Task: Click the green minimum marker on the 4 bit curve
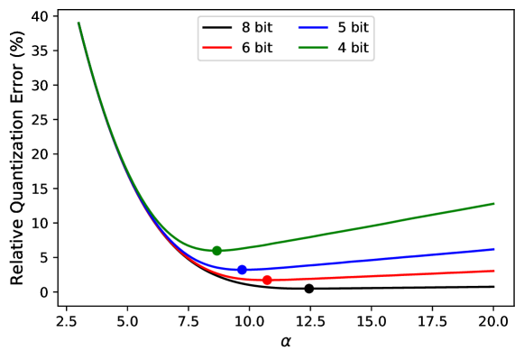(x=216, y=251)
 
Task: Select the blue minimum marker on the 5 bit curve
(x=242, y=270)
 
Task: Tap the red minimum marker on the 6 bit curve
(x=267, y=281)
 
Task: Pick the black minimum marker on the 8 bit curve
(x=308, y=289)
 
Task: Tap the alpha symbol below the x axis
(x=286, y=343)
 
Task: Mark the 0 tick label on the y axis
(x=43, y=292)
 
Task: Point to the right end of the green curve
(x=493, y=204)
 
